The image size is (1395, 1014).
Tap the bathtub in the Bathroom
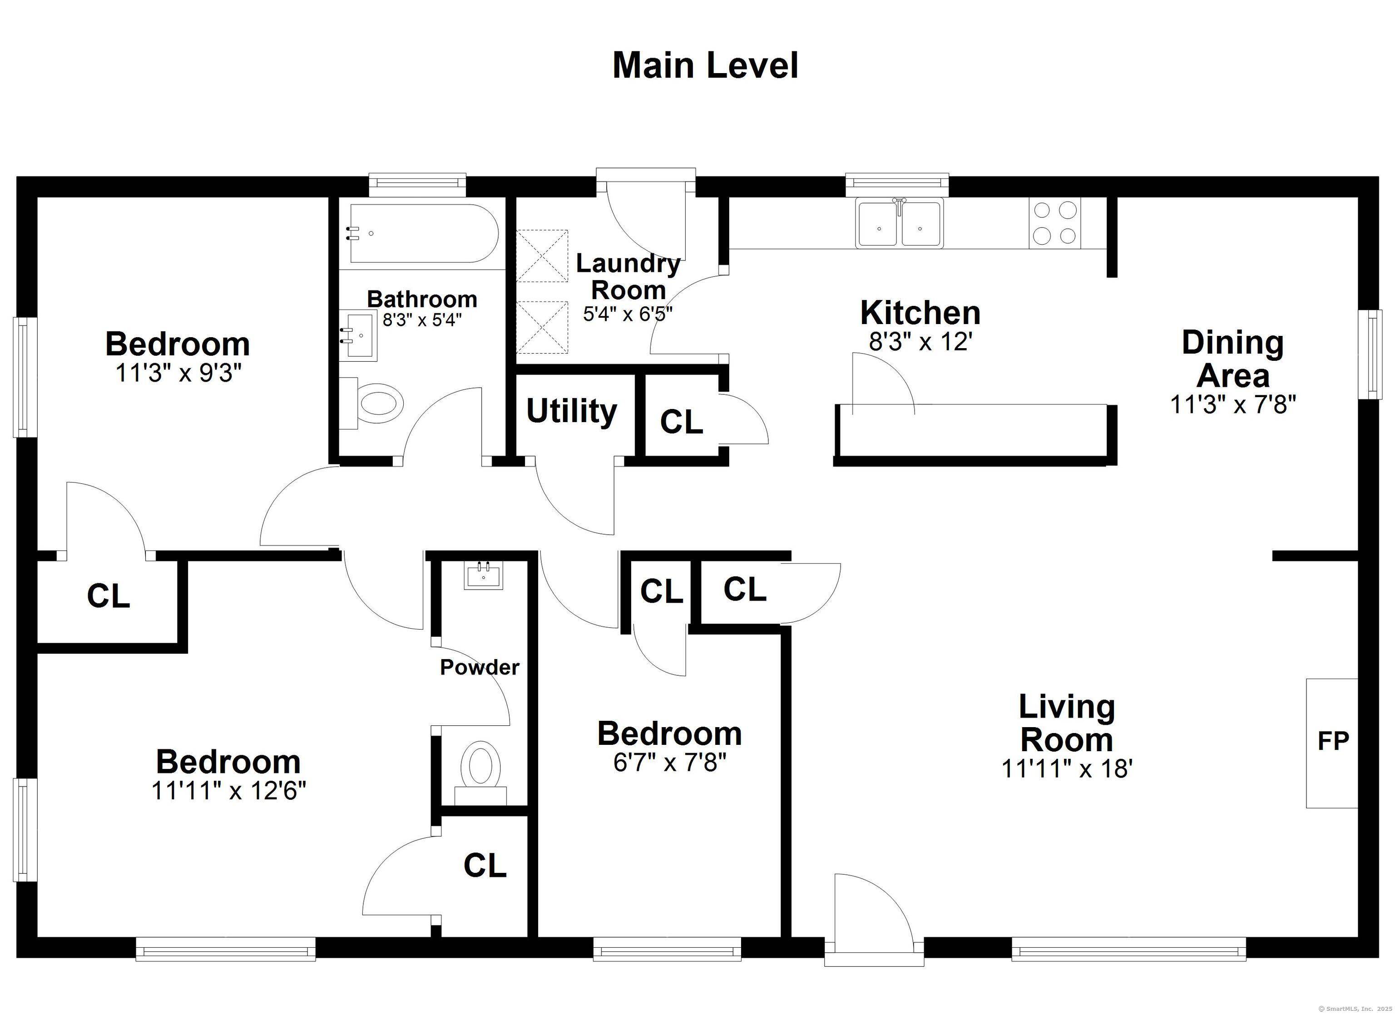(x=423, y=234)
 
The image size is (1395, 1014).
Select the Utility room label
(x=571, y=411)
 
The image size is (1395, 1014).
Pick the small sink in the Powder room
(x=484, y=575)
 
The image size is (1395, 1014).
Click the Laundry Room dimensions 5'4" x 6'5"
(x=628, y=314)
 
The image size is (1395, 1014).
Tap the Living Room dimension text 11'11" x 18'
(x=1067, y=768)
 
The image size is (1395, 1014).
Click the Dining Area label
(x=1232, y=359)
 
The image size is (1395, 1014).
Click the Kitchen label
(x=920, y=313)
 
